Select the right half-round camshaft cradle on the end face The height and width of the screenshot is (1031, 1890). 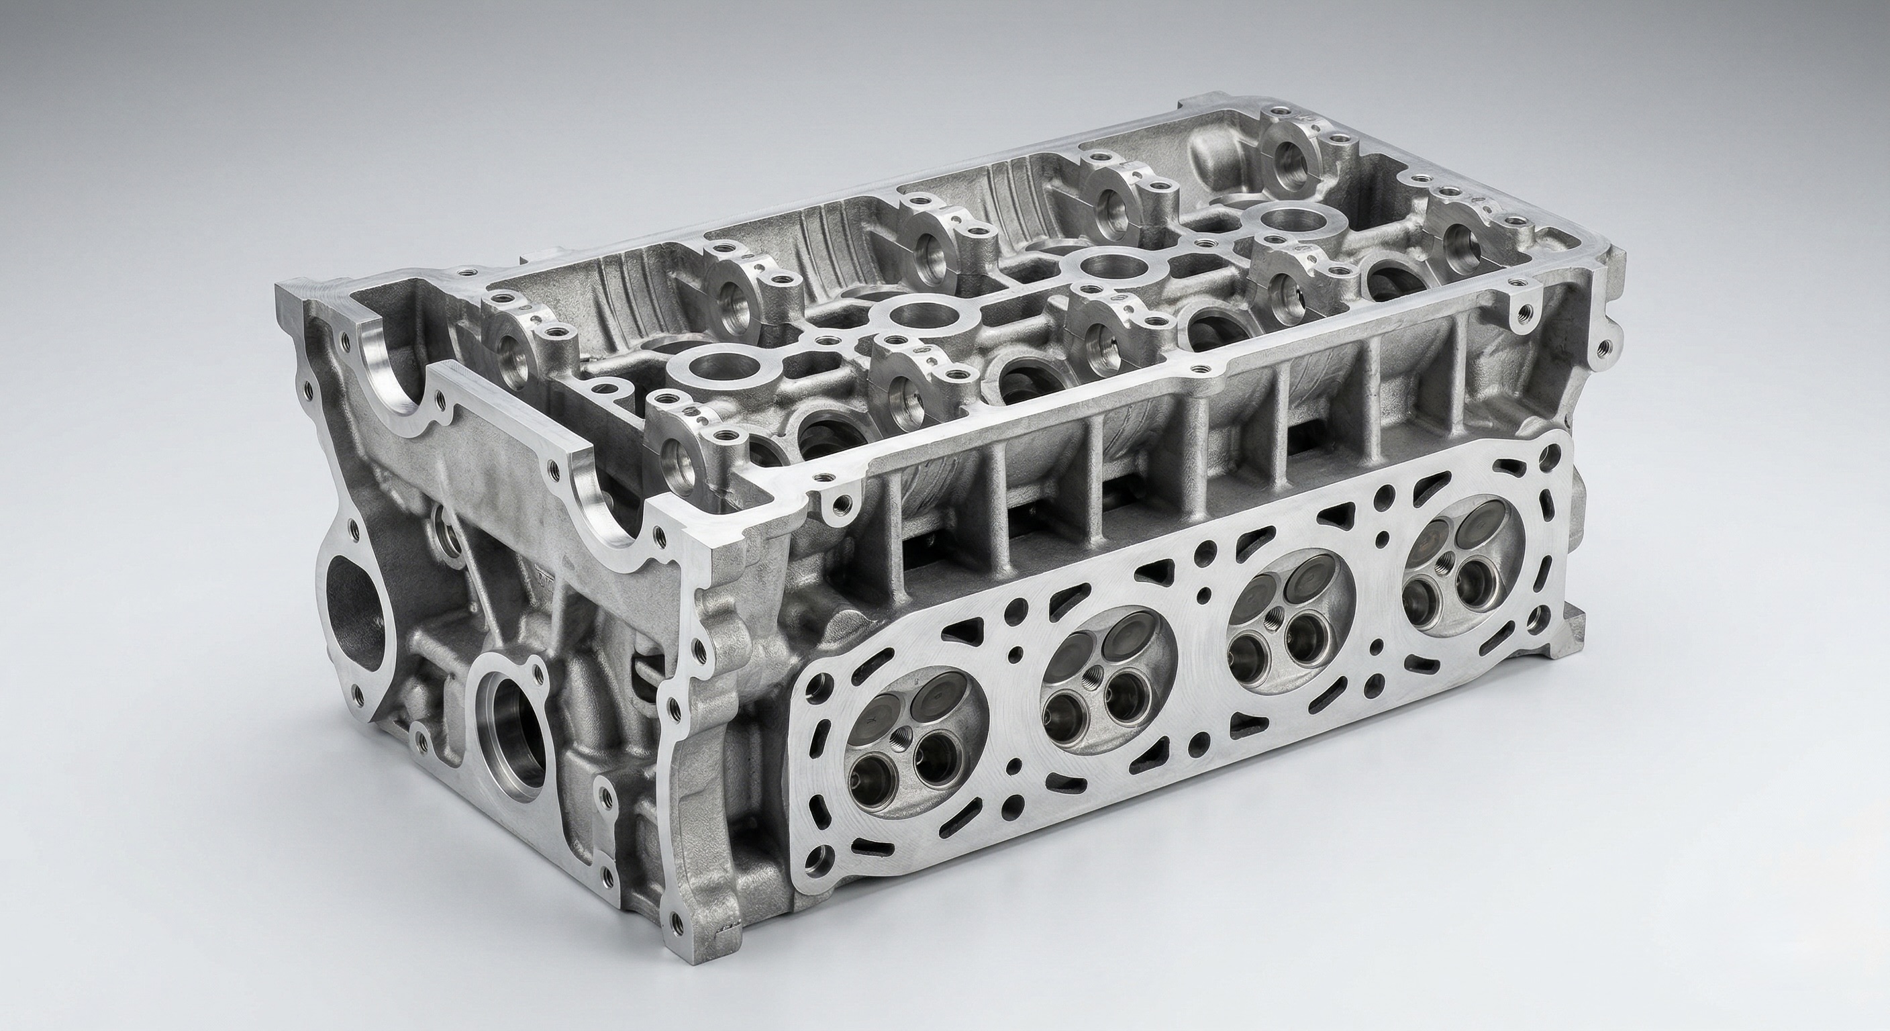pyautogui.click(x=608, y=517)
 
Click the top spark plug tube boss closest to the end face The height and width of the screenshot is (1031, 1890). pyautogui.click(x=196, y=364)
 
